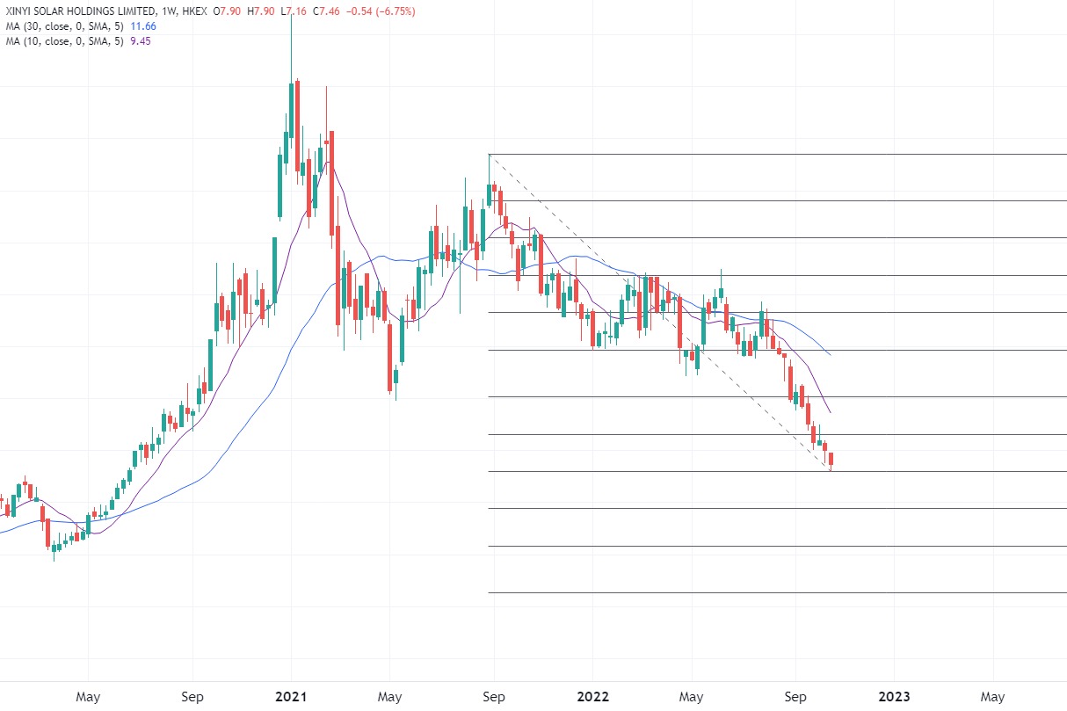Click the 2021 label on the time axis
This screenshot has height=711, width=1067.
pos(291,697)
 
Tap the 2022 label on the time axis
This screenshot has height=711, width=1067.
pos(593,697)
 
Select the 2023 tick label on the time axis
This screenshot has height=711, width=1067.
pos(895,697)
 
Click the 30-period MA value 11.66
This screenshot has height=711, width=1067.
pos(142,27)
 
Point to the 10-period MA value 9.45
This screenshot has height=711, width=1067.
pos(140,41)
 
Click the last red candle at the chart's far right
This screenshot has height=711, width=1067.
pos(831,459)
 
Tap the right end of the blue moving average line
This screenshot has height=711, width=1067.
pos(831,354)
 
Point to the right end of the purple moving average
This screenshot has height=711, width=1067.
pos(831,412)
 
